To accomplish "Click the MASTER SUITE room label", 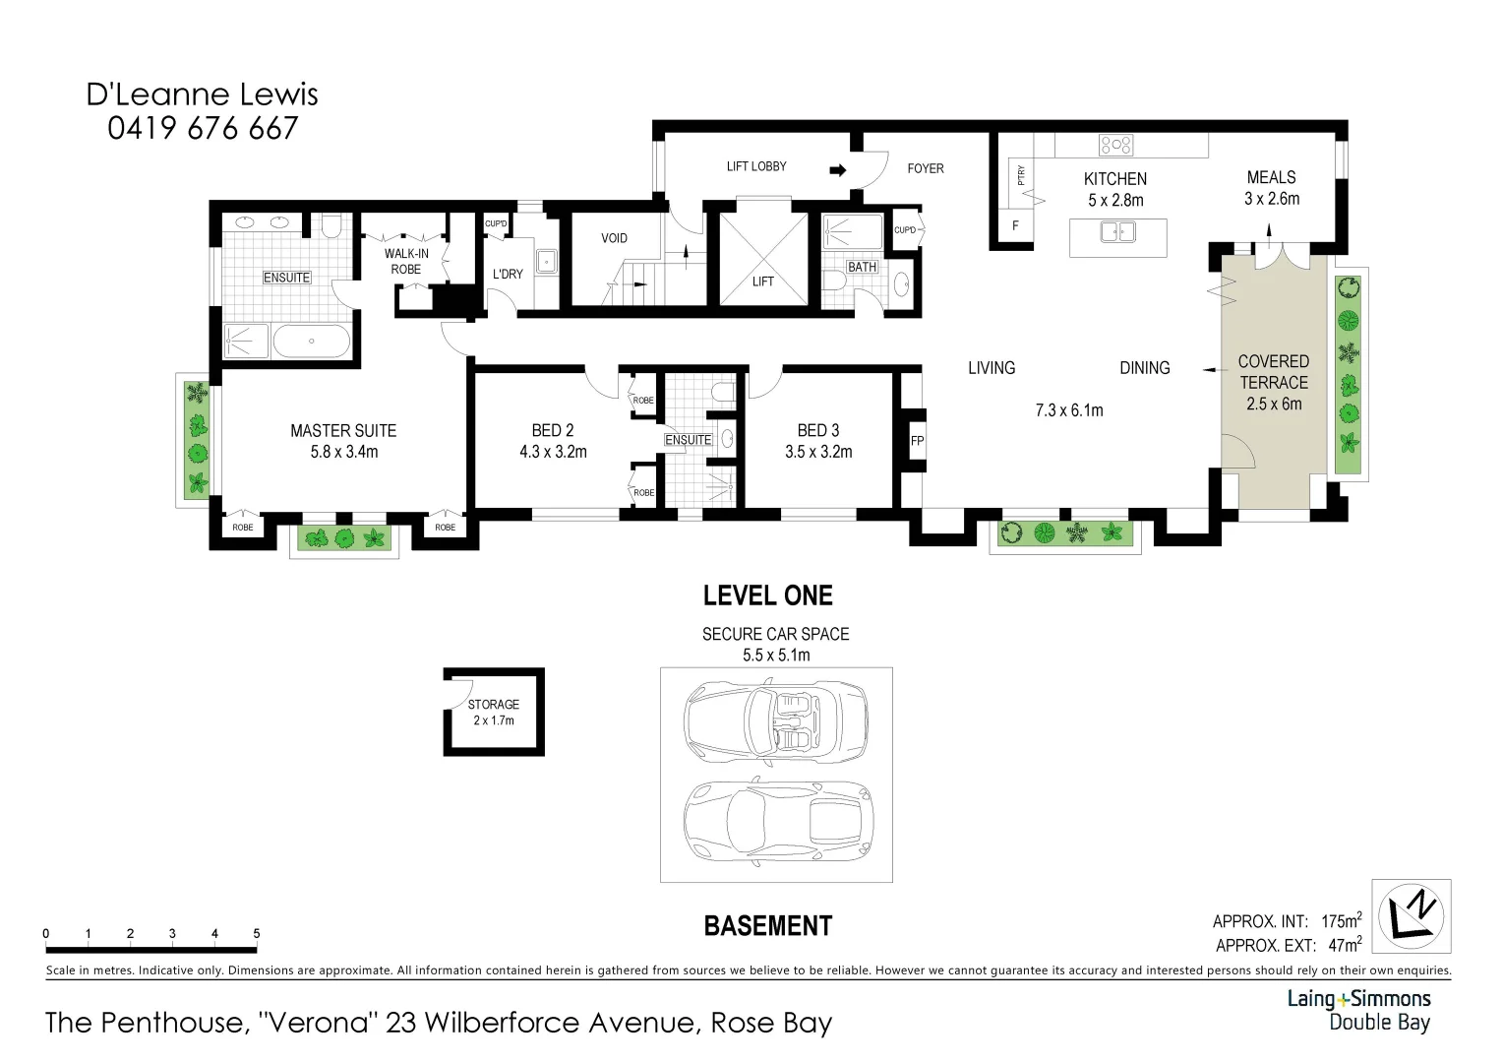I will (343, 431).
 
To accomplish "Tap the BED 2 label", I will (552, 431).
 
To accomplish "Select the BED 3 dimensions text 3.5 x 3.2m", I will (817, 453).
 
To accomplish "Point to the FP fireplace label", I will (917, 441).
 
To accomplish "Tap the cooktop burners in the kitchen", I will (1116, 145).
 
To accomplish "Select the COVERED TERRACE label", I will (1273, 372).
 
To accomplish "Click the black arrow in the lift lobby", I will (837, 169).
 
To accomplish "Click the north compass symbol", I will (1412, 916).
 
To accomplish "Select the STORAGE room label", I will (493, 705).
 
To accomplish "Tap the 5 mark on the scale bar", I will (257, 934).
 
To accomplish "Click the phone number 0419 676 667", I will (203, 129).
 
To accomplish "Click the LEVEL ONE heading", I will (767, 595).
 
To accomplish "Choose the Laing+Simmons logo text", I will (1358, 999).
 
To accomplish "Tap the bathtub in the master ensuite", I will (311, 341).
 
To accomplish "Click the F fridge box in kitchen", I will (1015, 225).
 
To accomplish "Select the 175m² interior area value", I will (1341, 921).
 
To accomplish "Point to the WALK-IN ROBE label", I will (405, 261).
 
